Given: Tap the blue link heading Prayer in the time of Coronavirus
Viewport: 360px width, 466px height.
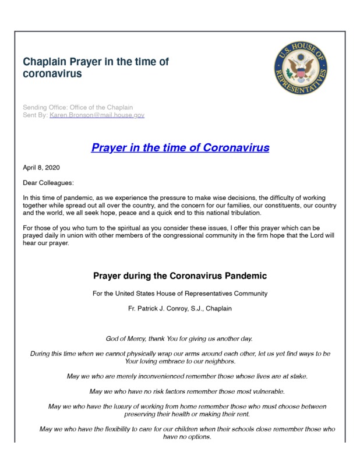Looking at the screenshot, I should pos(180,147).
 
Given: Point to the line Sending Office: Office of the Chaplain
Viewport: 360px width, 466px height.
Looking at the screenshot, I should pos(77,107).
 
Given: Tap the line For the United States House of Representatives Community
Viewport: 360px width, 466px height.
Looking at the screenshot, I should pos(179,293).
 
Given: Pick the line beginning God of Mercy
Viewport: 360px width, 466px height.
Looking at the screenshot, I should pos(179,338).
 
